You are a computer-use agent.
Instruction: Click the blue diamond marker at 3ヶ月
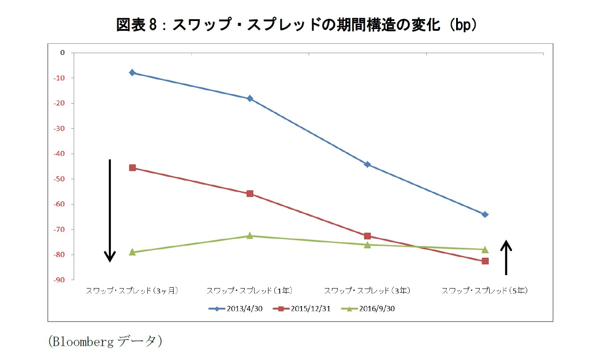tap(132, 72)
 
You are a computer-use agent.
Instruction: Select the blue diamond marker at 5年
tap(485, 214)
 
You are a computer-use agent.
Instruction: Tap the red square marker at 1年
tap(250, 193)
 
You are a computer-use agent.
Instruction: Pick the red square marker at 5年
tap(485, 261)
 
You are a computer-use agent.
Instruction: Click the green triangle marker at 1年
tap(250, 236)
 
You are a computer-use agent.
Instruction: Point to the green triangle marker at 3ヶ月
tap(132, 252)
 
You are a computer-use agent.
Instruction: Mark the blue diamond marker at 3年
tap(367, 164)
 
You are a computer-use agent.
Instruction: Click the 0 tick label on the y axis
tap(63, 53)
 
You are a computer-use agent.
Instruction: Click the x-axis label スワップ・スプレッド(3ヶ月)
tap(132, 291)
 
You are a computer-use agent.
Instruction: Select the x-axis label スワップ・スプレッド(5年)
tap(485, 291)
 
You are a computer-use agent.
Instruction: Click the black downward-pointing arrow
tap(110, 210)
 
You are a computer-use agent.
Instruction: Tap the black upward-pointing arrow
tap(506, 257)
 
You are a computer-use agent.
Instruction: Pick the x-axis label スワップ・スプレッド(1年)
tap(250, 291)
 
